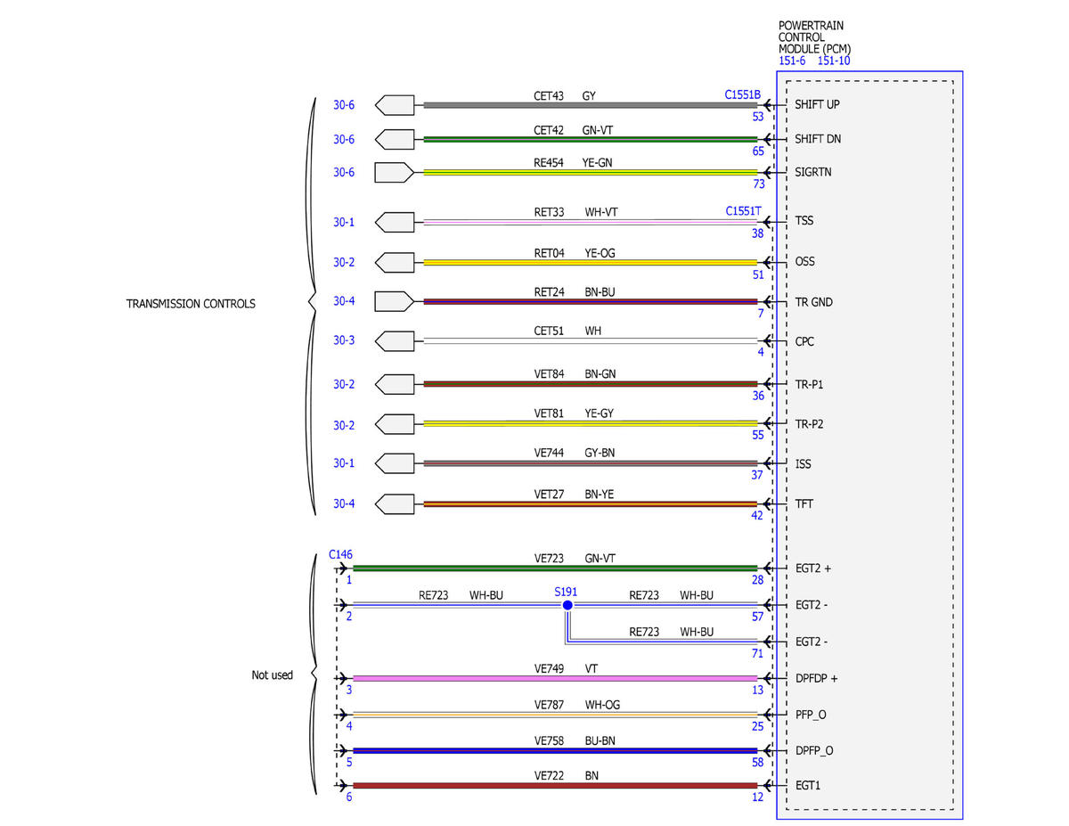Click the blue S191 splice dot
[x=567, y=605]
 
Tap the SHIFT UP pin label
[x=817, y=105]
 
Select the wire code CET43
[x=549, y=96]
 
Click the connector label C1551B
[x=742, y=94]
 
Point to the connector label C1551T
[x=743, y=211]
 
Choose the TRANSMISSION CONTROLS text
[x=191, y=304]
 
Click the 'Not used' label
[x=272, y=675]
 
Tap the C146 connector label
[x=340, y=554]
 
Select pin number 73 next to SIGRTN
[x=759, y=184]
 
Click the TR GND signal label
[x=813, y=302]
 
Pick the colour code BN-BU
[x=600, y=292]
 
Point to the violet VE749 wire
[x=555, y=678]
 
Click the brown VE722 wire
[x=555, y=786]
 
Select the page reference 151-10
[x=834, y=61]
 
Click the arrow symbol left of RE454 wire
[x=394, y=173]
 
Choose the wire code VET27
[x=549, y=495]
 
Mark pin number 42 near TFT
[x=756, y=516]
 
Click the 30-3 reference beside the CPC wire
[x=344, y=340]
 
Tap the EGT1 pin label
[x=808, y=786]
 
